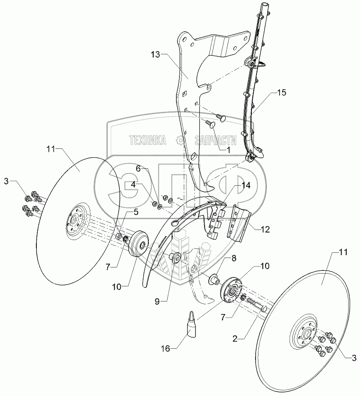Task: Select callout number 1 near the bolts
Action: pos(228,149)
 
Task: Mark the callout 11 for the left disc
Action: pos(51,149)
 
